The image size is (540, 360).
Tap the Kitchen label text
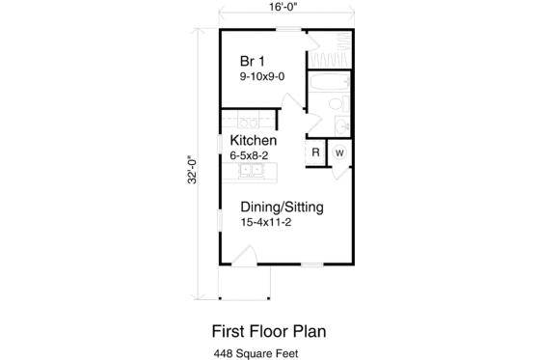tap(254, 140)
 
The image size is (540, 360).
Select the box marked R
tap(315, 153)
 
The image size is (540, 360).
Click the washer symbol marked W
tap(339, 153)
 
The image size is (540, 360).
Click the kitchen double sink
tap(250, 172)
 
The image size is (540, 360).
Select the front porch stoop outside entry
tap(245, 282)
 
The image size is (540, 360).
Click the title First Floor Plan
tap(269, 330)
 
